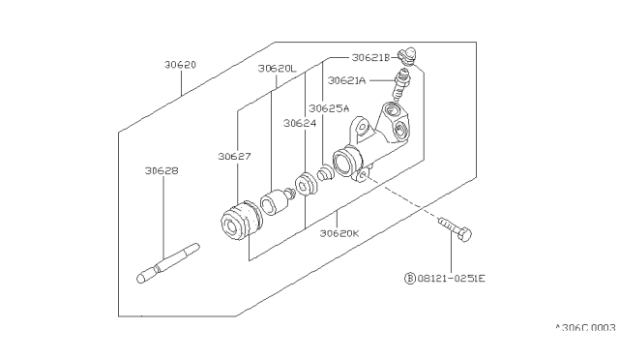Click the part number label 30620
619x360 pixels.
[x=181, y=65]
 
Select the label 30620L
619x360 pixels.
[x=277, y=69]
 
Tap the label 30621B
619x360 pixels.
[x=370, y=58]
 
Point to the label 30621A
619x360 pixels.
[x=347, y=80]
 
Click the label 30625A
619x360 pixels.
[x=329, y=108]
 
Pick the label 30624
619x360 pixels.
[x=300, y=124]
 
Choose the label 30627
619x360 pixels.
[x=234, y=157]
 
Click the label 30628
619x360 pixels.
[x=162, y=171]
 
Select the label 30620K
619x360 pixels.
[x=339, y=233]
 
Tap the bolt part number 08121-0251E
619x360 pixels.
[x=452, y=279]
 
